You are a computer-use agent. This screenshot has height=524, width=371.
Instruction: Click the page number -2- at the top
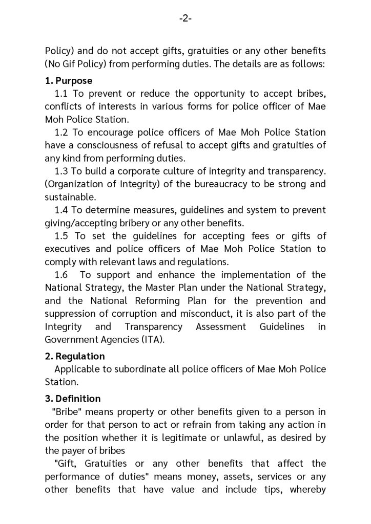coord(186,19)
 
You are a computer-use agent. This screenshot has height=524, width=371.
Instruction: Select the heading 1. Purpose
coord(69,81)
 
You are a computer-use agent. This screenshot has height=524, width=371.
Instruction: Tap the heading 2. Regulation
coord(75,356)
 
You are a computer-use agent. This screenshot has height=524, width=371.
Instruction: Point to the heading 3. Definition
coord(73,399)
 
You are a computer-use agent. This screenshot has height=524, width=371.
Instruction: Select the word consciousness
coord(100,145)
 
